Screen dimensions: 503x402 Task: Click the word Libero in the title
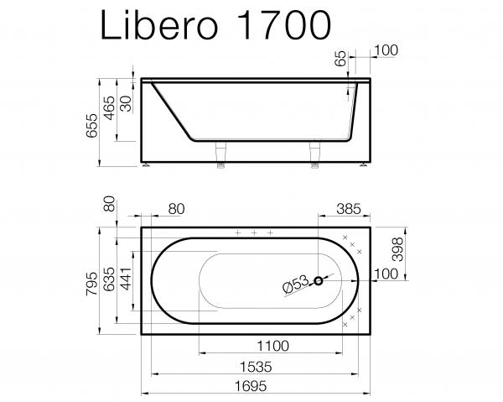[159, 24]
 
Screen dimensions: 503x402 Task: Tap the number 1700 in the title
[284, 25]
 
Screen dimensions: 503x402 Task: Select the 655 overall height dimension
[92, 125]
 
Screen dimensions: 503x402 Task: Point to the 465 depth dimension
[109, 108]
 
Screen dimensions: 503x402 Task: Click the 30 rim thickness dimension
[126, 103]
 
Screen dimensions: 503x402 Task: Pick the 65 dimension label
[340, 59]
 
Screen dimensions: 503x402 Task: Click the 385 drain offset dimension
[349, 209]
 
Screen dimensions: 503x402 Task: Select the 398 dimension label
[397, 249]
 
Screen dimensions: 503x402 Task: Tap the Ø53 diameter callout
[295, 283]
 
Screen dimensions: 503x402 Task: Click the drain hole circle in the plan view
[319, 281]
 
